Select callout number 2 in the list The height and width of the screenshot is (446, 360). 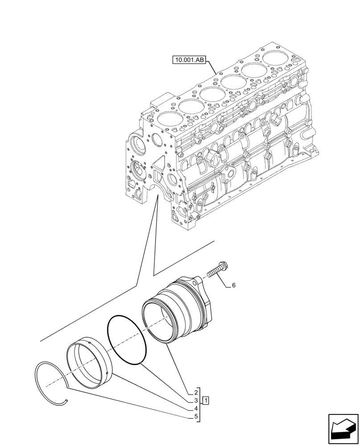(x=196, y=393)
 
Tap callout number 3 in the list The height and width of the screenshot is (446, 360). (x=196, y=401)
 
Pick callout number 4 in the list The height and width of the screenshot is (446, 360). (x=196, y=409)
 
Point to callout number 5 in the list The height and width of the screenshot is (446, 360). (x=196, y=417)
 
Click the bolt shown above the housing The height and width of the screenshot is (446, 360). (x=217, y=272)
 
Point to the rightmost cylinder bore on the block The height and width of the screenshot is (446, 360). (x=275, y=58)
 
